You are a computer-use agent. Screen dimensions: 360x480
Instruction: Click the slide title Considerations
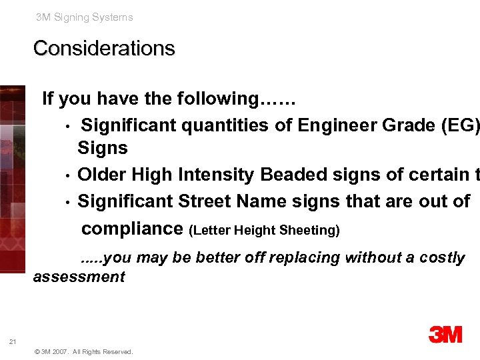(104, 49)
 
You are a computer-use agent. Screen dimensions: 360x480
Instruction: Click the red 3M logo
(445, 334)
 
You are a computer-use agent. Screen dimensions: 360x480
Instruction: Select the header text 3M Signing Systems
(85, 17)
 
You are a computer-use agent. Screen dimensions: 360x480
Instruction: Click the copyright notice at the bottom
(83, 352)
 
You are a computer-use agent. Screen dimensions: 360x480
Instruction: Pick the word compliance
(132, 229)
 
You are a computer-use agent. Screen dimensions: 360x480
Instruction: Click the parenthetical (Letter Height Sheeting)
(265, 231)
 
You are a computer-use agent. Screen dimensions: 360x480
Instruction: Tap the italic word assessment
(79, 276)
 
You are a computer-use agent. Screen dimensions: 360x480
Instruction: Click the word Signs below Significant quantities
(102, 148)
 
